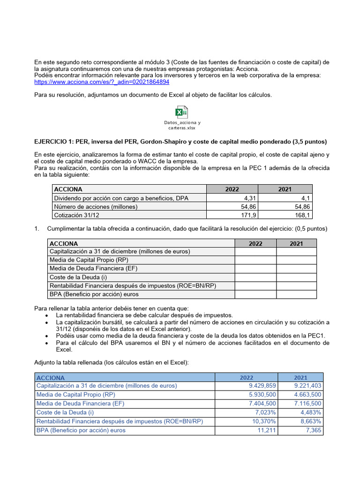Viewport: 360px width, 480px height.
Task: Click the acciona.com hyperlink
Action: pos(102,82)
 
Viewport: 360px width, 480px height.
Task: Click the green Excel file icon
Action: pos(181,112)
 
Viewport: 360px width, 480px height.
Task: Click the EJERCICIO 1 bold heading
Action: pos(180,142)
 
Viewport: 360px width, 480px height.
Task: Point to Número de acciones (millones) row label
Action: pos(96,206)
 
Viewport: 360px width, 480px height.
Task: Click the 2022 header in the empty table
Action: pos(255,243)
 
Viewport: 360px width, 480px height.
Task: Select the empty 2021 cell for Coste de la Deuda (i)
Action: pos(296,277)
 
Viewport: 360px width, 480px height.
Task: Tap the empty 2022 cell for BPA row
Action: pos(255,294)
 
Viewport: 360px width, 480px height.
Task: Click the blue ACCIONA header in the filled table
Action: pos(51,377)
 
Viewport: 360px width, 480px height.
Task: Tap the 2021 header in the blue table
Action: pos(300,377)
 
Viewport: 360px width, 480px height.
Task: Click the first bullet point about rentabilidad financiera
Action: pos(144,315)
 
